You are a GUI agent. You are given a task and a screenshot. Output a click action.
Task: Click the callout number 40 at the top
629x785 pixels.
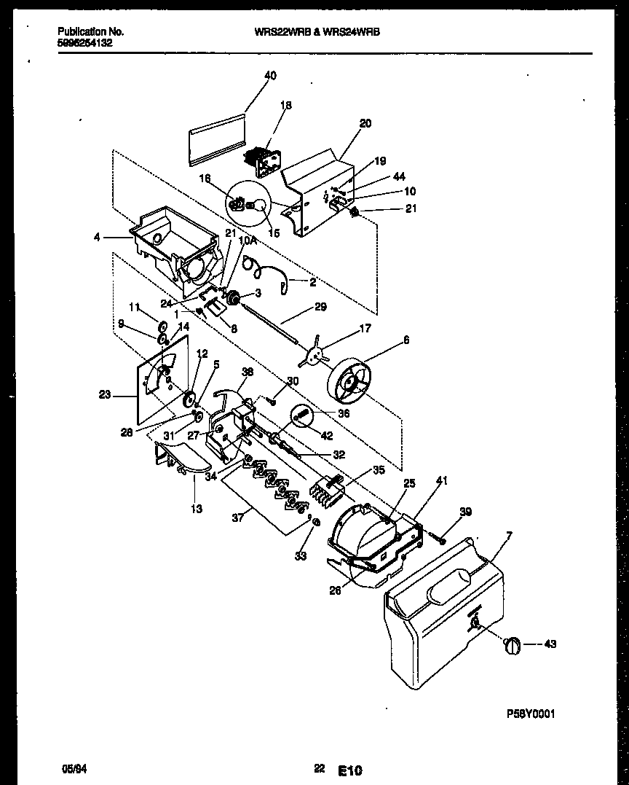pos(270,75)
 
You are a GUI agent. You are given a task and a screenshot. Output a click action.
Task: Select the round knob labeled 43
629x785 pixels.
pos(513,644)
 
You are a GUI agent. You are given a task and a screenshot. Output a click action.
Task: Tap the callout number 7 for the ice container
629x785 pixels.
pos(508,536)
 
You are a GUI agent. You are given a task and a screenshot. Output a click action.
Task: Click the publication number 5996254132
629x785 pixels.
pos(84,42)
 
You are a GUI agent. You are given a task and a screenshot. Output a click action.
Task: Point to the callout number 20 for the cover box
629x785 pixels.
pos(365,123)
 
